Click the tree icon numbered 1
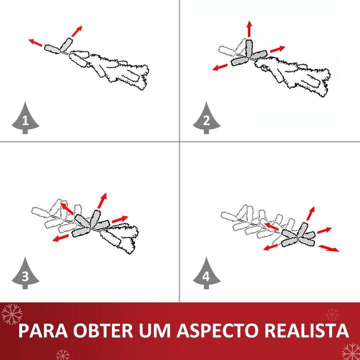click(24, 118)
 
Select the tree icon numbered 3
click(24, 273)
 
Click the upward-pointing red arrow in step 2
click(249, 29)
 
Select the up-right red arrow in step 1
click(77, 30)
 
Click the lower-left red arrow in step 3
click(61, 238)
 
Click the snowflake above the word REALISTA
click(332, 314)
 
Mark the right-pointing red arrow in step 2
click(277, 49)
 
